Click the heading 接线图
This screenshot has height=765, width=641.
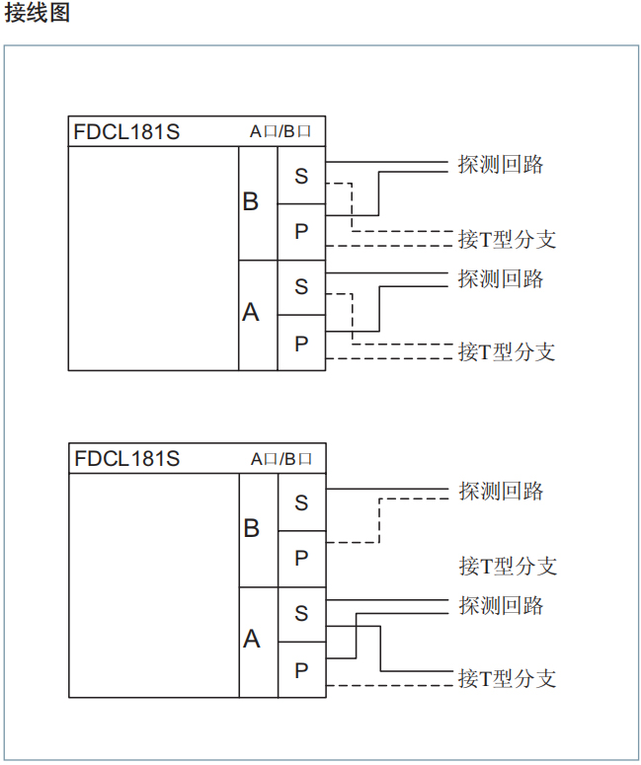(x=37, y=14)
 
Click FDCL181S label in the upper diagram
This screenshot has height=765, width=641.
(x=126, y=131)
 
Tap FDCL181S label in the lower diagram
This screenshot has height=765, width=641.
(x=126, y=459)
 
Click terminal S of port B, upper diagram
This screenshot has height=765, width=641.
(x=301, y=176)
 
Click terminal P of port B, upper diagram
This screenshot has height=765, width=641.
(x=301, y=232)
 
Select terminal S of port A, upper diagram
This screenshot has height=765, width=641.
(x=301, y=287)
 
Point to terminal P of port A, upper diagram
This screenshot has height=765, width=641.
(x=301, y=344)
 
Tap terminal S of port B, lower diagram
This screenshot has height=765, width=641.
(x=301, y=502)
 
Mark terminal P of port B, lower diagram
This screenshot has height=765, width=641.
(x=301, y=559)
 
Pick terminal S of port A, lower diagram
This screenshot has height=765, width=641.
(x=301, y=614)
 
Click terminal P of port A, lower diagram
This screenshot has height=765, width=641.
(x=301, y=670)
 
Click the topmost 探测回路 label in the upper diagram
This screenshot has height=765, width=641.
(x=501, y=165)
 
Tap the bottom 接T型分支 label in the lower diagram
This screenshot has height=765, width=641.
(x=507, y=679)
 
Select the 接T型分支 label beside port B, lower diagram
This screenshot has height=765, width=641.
(x=507, y=567)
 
